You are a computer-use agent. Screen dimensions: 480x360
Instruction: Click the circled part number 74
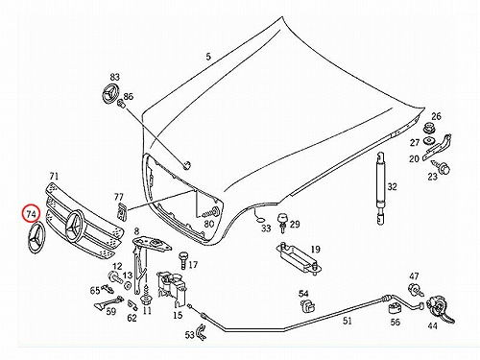point(31,214)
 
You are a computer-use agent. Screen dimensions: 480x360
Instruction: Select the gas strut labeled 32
point(380,189)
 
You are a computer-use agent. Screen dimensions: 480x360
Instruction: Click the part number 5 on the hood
point(208,57)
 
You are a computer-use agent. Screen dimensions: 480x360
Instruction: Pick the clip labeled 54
point(307,306)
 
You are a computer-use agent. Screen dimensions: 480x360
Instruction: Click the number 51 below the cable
point(348,321)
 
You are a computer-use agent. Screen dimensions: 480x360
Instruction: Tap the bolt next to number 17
point(182,260)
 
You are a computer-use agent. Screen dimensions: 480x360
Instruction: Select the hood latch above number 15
point(171,287)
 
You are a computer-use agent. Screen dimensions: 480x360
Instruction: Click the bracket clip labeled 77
point(121,211)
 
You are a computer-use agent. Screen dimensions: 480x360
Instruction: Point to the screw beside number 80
point(212,211)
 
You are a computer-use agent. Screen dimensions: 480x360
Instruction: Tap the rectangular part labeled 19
point(300,257)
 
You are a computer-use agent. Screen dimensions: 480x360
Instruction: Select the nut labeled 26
point(427,129)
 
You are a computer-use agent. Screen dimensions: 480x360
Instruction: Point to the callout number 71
point(54,176)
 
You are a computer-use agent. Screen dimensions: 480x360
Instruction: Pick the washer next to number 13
point(128,286)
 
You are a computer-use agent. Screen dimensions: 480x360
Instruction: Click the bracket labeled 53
point(201,331)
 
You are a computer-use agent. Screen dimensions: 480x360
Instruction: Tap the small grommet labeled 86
point(121,104)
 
